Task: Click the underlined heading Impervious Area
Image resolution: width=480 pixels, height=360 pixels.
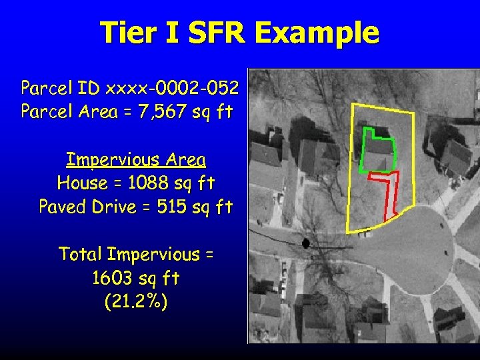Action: click(136, 160)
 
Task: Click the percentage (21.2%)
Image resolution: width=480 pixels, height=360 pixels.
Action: click(136, 301)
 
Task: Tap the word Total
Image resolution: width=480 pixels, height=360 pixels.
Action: click(81, 254)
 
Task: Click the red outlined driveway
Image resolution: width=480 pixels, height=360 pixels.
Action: click(390, 193)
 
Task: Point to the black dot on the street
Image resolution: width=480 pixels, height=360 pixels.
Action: click(306, 243)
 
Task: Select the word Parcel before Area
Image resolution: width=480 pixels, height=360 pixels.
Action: click(43, 111)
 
